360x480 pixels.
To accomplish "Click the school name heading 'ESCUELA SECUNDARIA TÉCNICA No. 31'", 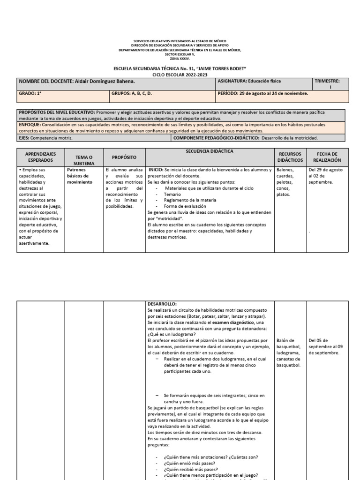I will (180, 69).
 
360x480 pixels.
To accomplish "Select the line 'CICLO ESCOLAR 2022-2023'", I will (180, 75).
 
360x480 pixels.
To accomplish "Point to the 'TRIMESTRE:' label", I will (330, 81).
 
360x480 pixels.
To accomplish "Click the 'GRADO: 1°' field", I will (28, 93).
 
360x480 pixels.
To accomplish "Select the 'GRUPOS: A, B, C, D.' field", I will (132, 93).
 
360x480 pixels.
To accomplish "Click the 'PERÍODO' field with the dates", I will (263, 93).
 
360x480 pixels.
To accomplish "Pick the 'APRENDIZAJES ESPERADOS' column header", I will (40, 157).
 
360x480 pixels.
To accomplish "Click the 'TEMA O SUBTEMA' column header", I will (84, 159).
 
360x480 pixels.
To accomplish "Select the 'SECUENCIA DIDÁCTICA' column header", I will (209, 151).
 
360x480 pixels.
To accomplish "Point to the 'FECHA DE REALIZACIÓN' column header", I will (327, 157).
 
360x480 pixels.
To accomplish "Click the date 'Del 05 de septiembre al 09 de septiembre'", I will (326, 346).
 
